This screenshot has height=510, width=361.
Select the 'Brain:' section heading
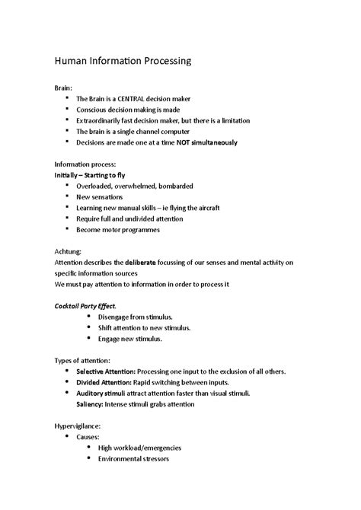(65, 88)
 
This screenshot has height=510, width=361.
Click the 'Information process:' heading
(85, 164)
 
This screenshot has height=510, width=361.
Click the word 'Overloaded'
(96, 186)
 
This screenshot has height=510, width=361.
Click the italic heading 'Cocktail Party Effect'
(86, 305)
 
